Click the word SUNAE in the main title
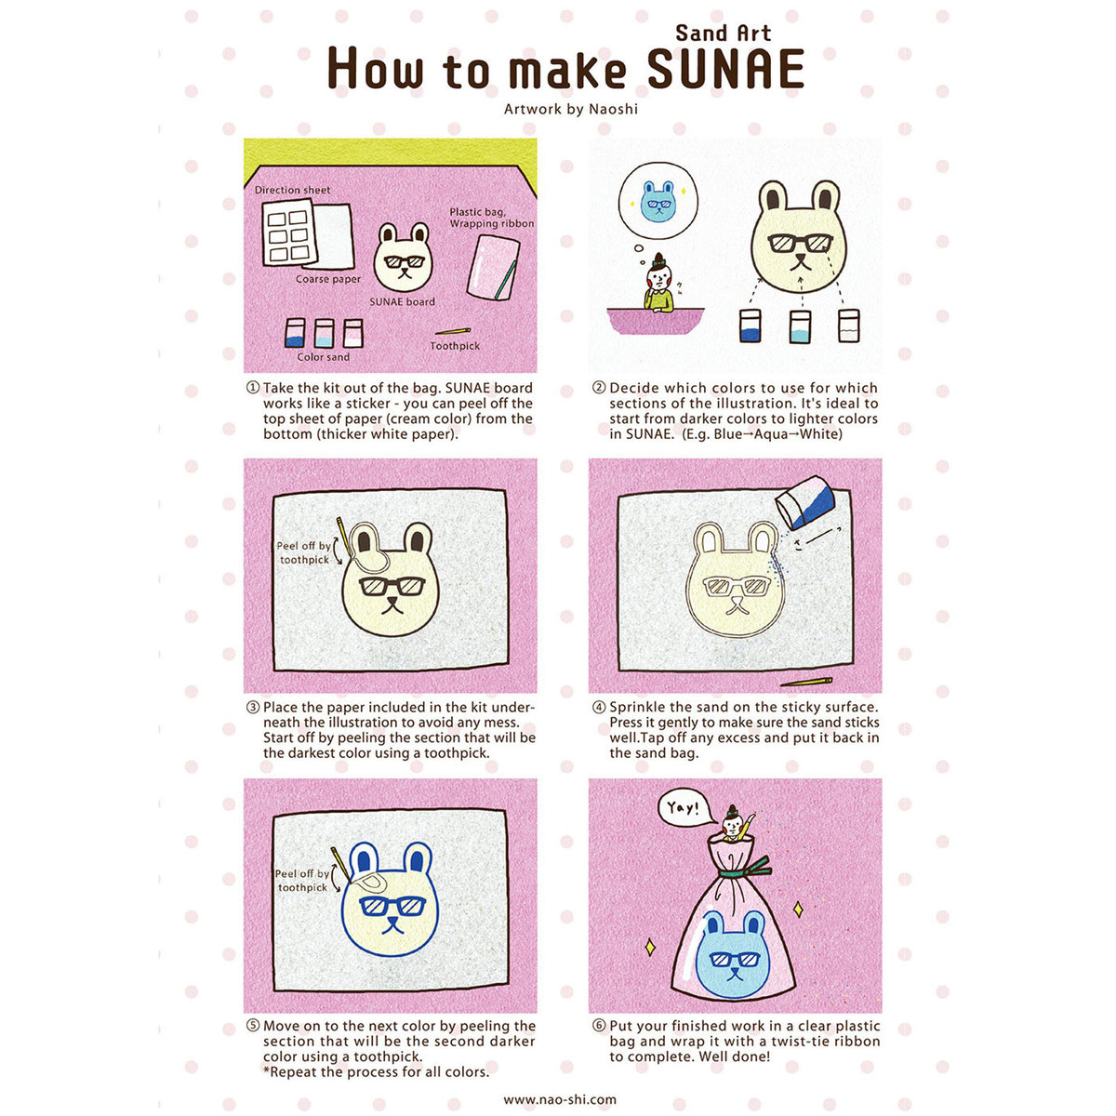(x=725, y=68)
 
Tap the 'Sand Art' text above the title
(x=723, y=33)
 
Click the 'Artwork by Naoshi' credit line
(x=570, y=109)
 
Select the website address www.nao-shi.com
(x=560, y=1099)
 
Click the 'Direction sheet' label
(x=292, y=190)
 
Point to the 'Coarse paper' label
(x=327, y=279)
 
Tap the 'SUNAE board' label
(x=402, y=301)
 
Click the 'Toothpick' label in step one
(x=455, y=346)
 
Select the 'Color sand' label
(x=323, y=357)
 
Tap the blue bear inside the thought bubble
(x=658, y=200)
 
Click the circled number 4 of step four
(x=600, y=707)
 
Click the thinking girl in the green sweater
(x=659, y=284)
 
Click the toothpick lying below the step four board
(x=805, y=682)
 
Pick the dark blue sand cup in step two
(x=751, y=325)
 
